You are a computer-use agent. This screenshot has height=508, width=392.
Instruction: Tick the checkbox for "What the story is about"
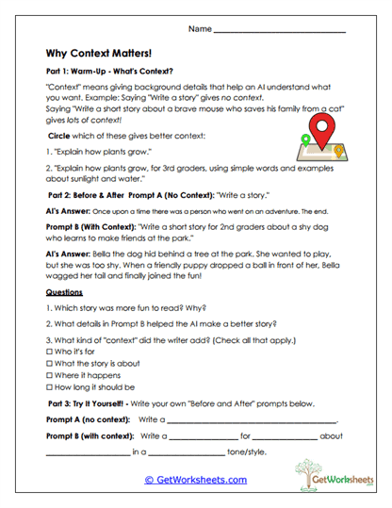pos(48,363)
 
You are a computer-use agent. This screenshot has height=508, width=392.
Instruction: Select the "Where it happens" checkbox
pos(48,375)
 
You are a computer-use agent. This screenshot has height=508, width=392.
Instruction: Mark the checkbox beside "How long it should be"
pos(48,387)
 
